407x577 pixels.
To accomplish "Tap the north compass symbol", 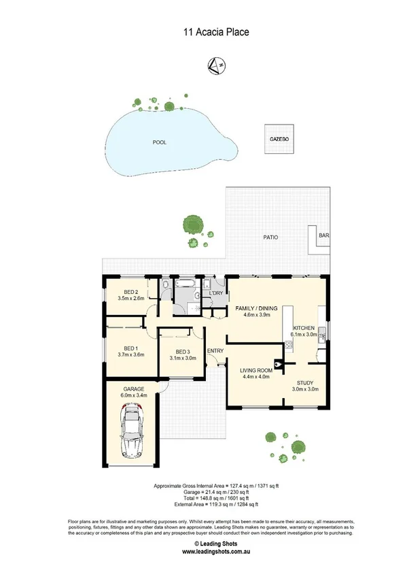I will click(x=217, y=66).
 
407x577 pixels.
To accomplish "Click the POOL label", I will click(x=160, y=142).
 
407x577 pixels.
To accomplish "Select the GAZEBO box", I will click(x=279, y=139).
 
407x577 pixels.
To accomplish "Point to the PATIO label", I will click(x=271, y=237).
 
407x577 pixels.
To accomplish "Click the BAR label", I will click(x=323, y=236).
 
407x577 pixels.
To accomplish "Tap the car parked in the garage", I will click(x=131, y=431).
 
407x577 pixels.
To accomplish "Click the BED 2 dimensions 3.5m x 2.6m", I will click(x=131, y=298).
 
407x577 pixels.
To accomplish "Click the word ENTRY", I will click(x=215, y=351).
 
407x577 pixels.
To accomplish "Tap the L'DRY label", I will click(x=216, y=293).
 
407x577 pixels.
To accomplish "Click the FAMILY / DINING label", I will click(x=257, y=308).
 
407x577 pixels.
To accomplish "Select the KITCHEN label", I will click(x=304, y=328).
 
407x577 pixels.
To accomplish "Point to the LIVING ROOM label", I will click(x=256, y=371).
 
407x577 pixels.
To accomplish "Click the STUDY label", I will click(x=305, y=382).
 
